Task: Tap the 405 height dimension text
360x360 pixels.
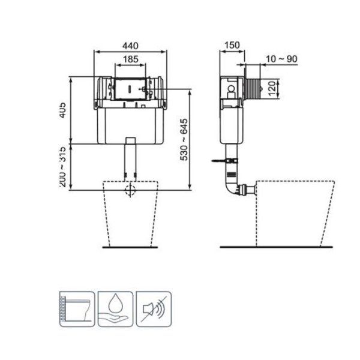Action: click(63, 110)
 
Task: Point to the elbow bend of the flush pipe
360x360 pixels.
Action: click(232, 188)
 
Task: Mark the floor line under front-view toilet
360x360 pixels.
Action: click(129, 247)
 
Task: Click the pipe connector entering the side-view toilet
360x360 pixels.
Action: click(246, 191)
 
